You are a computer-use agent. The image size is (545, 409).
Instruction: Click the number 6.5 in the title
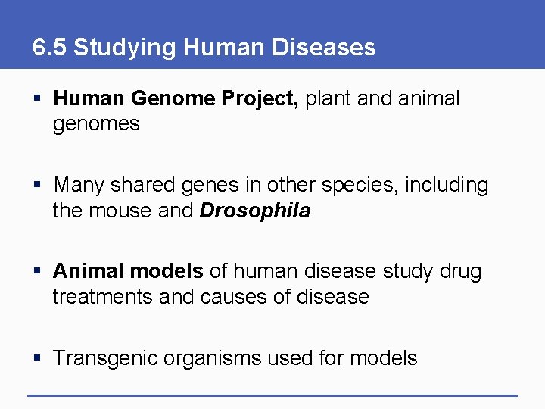pyautogui.click(x=49, y=48)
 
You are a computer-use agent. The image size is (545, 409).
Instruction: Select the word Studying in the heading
pyautogui.click(x=125, y=48)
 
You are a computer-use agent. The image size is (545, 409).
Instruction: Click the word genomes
pyautogui.click(x=96, y=124)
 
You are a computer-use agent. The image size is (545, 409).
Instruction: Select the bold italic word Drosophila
pyautogui.click(x=255, y=211)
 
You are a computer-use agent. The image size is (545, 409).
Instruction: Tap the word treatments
pyautogui.click(x=103, y=296)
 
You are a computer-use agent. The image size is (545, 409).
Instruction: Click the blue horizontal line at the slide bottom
pyautogui.click(x=272, y=395)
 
